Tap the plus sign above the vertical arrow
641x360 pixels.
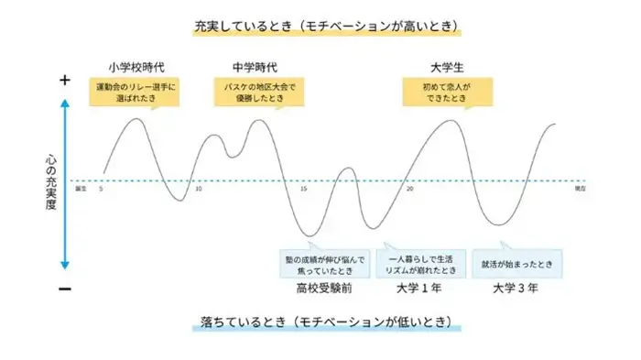[65, 81]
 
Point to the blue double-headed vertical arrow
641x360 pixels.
[66, 183]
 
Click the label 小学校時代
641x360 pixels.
[136, 67]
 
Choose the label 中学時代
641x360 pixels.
[255, 67]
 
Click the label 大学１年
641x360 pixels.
[418, 289]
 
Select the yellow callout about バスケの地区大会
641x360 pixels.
[256, 93]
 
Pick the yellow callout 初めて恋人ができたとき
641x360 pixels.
[446, 93]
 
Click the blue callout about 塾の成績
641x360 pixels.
[325, 264]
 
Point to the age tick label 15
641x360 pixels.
[303, 190]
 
